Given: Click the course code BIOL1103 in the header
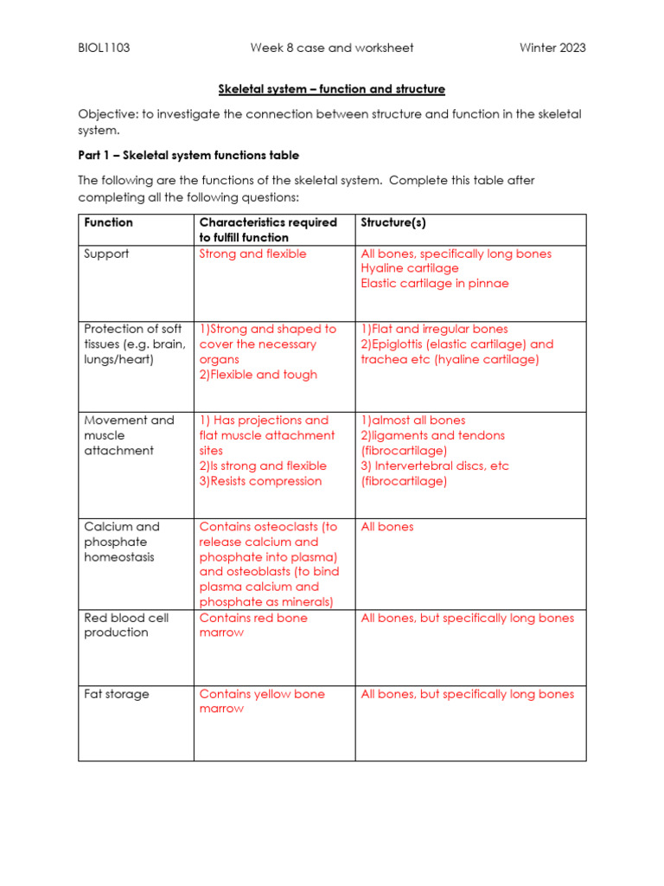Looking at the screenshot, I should [x=104, y=48].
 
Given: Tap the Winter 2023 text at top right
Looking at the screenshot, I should [x=552, y=48].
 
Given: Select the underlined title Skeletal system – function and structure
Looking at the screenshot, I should [x=331, y=89].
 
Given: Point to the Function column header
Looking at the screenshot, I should [x=108, y=222].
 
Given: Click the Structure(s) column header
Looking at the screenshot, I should [x=393, y=222].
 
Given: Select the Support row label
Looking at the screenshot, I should [x=106, y=254].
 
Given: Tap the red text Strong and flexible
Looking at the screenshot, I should [x=252, y=254].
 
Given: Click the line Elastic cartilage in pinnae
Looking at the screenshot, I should [x=435, y=284].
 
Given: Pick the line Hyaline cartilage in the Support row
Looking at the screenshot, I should [x=410, y=269].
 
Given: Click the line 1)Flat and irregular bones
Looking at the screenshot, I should [x=434, y=329].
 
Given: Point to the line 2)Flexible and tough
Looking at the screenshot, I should [x=258, y=375].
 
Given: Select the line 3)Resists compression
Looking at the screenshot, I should [x=260, y=481].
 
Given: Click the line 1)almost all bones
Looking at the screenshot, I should [x=412, y=421].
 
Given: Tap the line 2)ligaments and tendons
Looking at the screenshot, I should [x=432, y=435].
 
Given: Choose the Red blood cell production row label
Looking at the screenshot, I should [x=126, y=625].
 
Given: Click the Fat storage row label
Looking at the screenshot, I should [x=116, y=694].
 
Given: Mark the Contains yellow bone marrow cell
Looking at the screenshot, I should [x=262, y=701].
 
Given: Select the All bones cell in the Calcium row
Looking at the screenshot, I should [x=387, y=527].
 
